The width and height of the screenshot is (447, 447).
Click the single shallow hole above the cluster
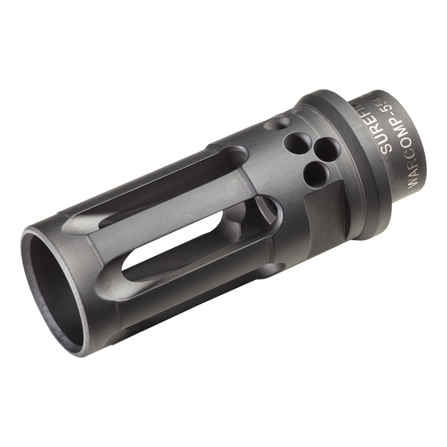click(278, 123)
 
